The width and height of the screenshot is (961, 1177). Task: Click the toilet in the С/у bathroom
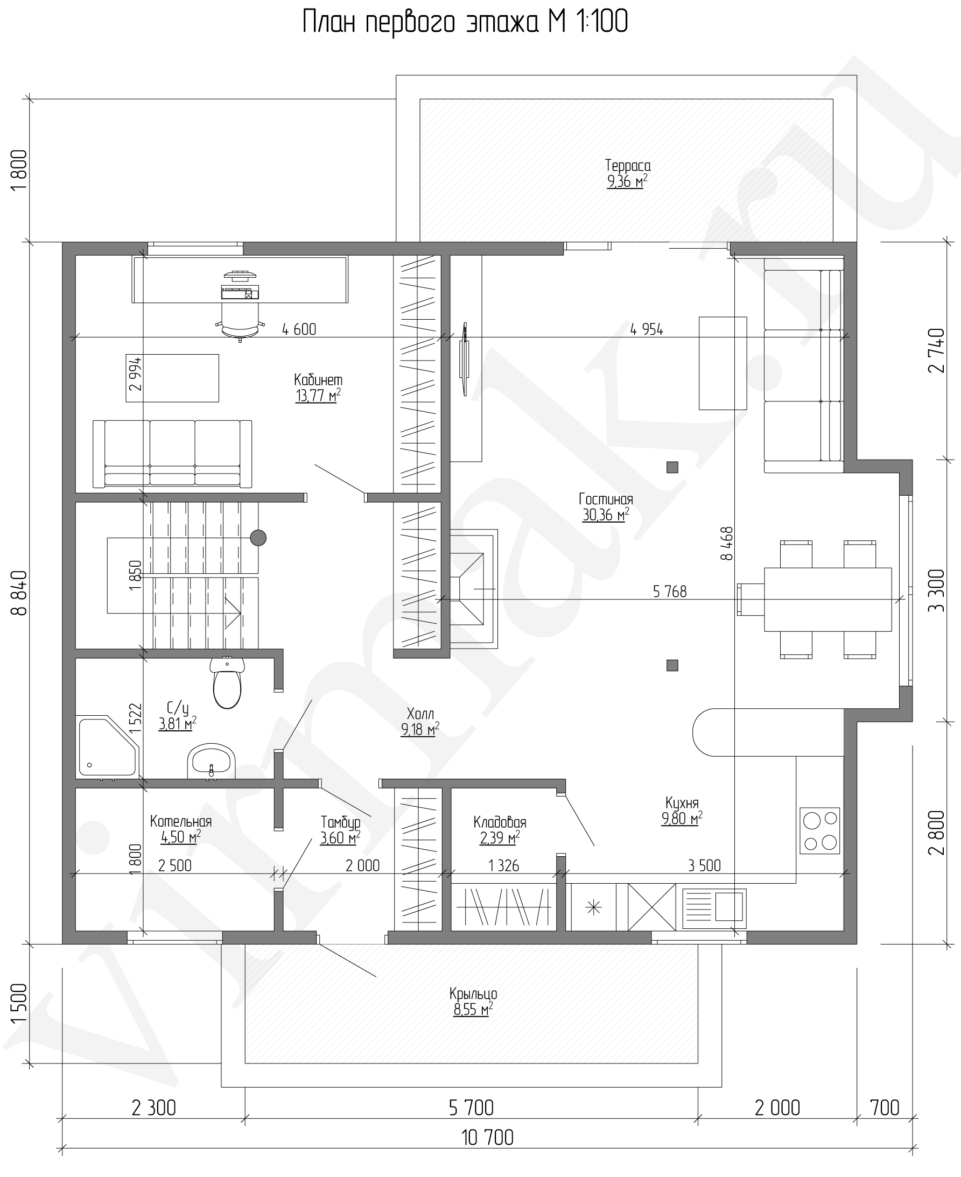pos(227,683)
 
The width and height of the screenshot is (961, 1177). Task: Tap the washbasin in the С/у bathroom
pos(211,762)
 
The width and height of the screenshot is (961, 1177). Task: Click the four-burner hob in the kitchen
pos(820,830)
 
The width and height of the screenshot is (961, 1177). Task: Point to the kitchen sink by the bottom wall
pos(714,908)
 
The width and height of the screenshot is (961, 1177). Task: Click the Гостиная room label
pos(606,499)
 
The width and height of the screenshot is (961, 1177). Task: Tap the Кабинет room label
pos(318,380)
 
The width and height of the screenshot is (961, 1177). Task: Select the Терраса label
pos(628,165)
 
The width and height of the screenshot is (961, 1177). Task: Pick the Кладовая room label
pos(500,822)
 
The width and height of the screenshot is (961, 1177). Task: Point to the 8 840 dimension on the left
pos(19,593)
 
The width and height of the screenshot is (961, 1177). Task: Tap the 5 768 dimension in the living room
pos(670,591)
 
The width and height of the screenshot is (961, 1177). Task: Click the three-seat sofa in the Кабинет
pos(172,454)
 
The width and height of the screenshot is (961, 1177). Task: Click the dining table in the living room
pos(828,600)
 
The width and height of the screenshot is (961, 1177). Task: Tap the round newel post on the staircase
pos(258,537)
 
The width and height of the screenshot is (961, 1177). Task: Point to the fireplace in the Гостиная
pos(473,589)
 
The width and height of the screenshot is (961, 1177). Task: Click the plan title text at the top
pos(465,22)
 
